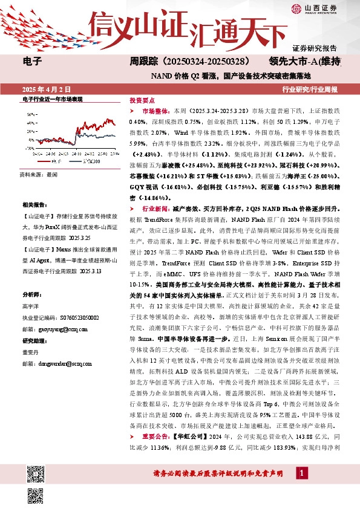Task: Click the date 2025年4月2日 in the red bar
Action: click(41, 89)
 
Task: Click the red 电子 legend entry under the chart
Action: click(49, 161)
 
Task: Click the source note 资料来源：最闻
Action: click(39, 173)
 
